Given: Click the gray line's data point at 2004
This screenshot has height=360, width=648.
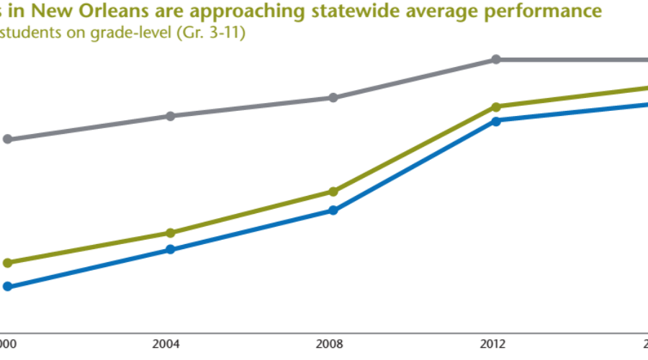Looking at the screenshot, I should click(171, 116).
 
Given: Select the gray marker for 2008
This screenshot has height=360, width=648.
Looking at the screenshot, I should click(333, 98).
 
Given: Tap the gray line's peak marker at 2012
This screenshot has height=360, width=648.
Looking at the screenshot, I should click(495, 59).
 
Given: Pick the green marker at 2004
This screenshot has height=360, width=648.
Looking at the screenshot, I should click(171, 233).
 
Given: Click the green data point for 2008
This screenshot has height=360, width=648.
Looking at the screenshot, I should click(333, 192).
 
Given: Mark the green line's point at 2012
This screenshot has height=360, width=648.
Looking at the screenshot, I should click(495, 107).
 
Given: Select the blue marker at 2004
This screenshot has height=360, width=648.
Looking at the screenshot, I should click(171, 250).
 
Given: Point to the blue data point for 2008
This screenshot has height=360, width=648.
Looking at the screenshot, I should click(333, 210).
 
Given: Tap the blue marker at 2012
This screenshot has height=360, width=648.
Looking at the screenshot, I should click(495, 121).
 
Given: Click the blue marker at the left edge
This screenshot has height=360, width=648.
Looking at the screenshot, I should click(8, 287).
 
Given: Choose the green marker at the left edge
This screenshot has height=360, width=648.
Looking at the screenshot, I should click(8, 263).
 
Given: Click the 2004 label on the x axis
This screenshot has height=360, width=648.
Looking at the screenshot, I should click(171, 343).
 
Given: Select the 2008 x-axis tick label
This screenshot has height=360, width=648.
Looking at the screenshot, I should click(333, 343).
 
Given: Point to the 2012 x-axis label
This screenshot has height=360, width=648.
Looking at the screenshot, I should click(495, 343).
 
